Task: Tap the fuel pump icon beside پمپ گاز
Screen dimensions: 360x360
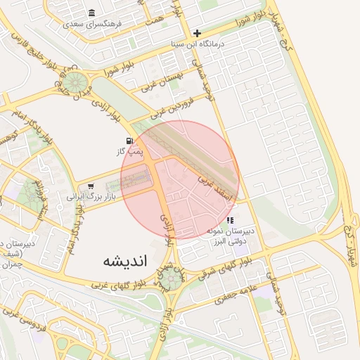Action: coord(130,141)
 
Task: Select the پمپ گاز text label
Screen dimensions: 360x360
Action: coord(130,150)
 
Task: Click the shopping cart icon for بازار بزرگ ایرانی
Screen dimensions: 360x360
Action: coord(91,186)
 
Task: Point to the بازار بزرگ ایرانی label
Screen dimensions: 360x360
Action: coord(89,196)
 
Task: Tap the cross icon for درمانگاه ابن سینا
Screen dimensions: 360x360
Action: coord(198,33)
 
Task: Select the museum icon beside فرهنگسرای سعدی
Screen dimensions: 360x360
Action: coord(92,13)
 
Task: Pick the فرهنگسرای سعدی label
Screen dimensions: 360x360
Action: coord(92,23)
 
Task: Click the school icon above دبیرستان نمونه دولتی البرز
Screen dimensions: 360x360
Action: coord(230,220)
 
